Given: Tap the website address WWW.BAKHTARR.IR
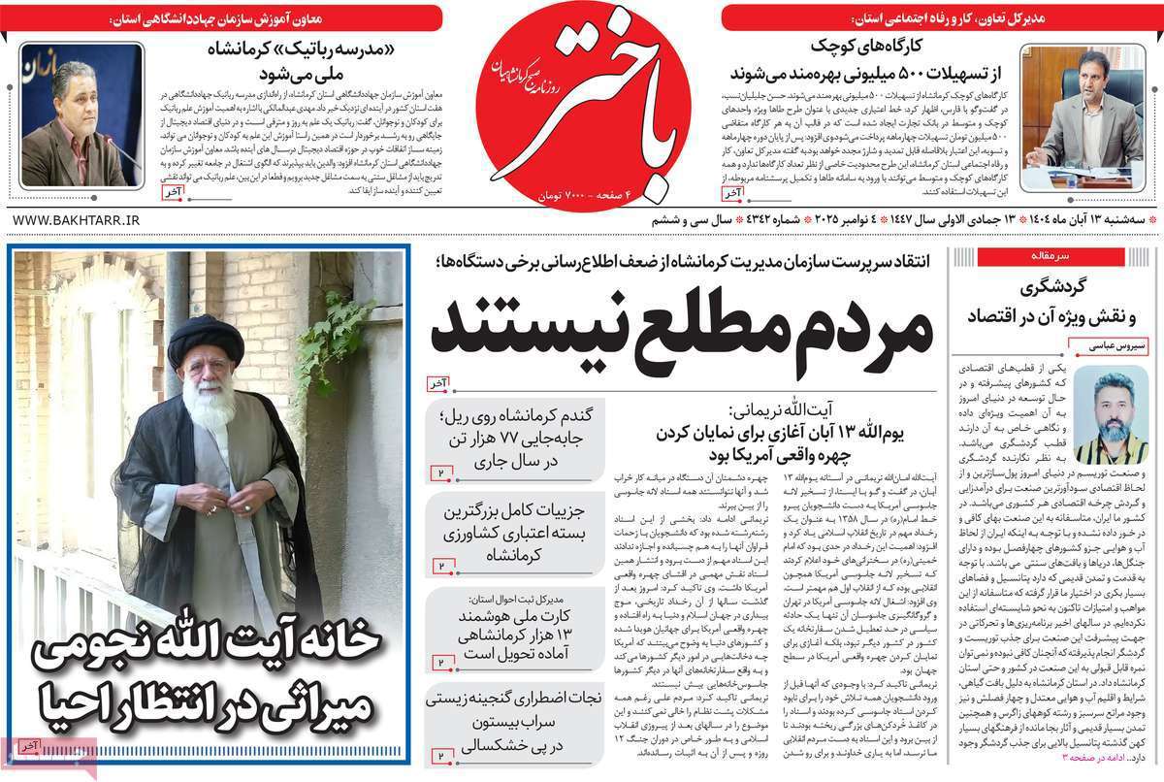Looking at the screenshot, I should (x=74, y=222).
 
